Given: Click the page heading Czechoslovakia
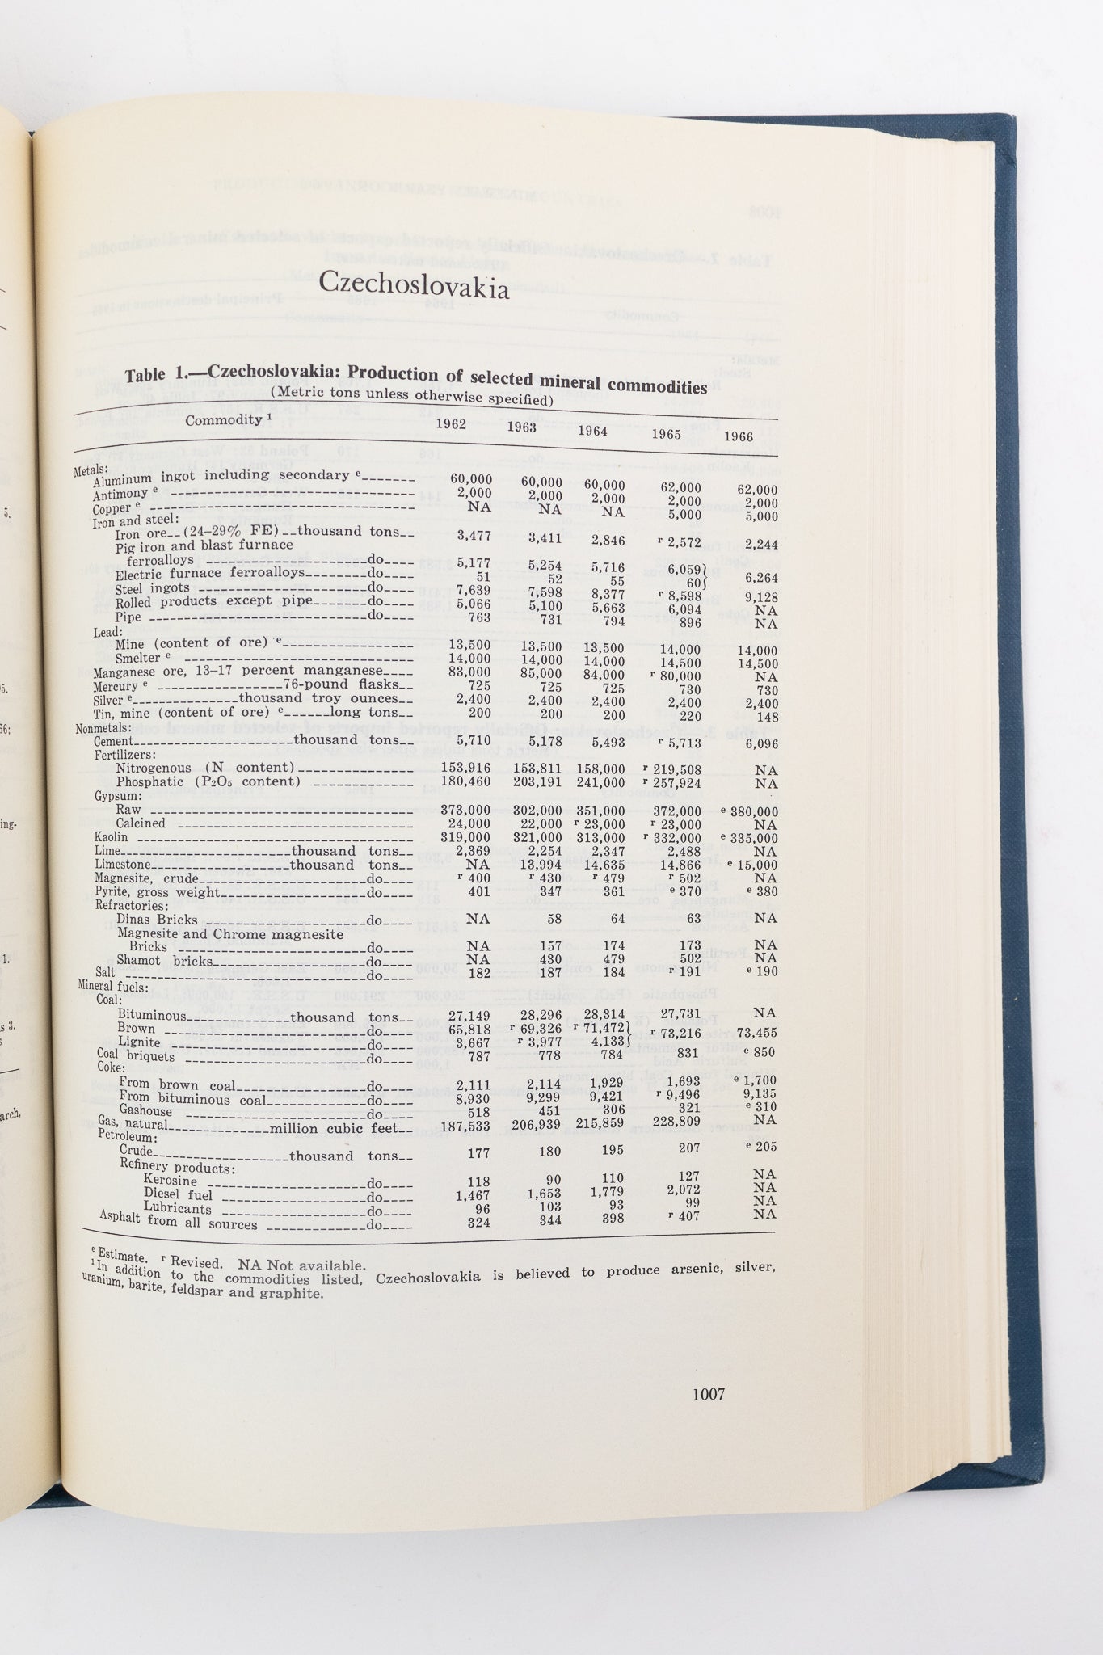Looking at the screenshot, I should tap(414, 284).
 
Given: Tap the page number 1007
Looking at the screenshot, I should tap(708, 1394).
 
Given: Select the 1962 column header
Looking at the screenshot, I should tap(451, 423).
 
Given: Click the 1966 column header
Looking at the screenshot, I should tap(739, 436).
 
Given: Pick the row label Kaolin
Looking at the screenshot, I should tap(111, 837).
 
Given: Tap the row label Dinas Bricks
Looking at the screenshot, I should tap(157, 920).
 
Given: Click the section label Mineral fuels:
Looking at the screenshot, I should tap(112, 986).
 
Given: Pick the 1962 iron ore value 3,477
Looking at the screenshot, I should tap(474, 535).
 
